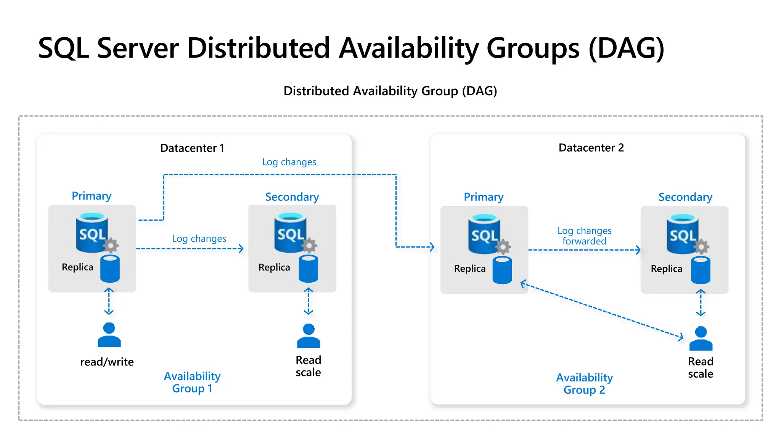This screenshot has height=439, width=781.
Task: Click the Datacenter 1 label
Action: point(192,148)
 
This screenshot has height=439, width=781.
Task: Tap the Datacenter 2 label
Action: point(591,147)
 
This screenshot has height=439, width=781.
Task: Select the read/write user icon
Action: point(109,335)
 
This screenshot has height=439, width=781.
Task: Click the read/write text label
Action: point(107,362)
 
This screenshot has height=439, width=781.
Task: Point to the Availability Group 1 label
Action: point(192,382)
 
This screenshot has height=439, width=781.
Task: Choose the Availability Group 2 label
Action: point(584,383)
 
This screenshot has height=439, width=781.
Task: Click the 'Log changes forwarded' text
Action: point(584,236)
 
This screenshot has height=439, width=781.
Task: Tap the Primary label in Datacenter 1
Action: point(92,196)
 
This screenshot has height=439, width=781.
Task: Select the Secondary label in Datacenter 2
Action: point(685,197)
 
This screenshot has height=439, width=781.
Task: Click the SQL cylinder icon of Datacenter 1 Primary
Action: point(92,232)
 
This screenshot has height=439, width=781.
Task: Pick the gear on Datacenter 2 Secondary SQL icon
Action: point(701,247)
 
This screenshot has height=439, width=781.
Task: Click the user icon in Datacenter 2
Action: point(701,338)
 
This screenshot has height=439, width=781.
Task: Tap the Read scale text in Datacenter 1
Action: point(308,366)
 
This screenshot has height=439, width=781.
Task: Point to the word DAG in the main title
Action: point(626,48)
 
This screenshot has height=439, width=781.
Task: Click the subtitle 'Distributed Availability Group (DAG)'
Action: point(390,91)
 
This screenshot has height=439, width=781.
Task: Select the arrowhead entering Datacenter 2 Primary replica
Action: point(432,247)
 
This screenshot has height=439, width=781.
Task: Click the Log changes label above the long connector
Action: point(289,162)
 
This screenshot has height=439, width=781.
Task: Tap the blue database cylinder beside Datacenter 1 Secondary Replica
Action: point(308,269)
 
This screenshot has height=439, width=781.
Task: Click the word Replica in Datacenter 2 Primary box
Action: point(470,269)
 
